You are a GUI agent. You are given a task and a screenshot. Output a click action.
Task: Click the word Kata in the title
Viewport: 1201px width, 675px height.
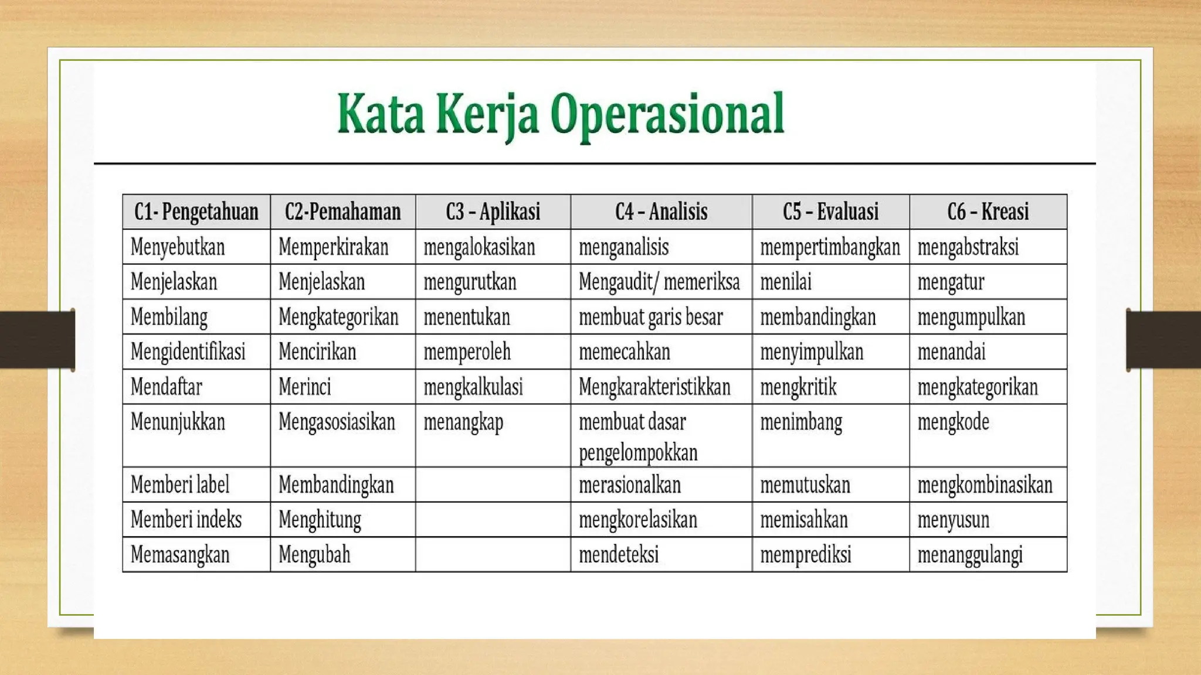coord(381,114)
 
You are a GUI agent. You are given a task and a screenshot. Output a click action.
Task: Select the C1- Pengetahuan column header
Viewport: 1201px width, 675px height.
coord(196,212)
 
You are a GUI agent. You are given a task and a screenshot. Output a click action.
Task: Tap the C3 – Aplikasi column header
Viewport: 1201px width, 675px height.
coord(493,212)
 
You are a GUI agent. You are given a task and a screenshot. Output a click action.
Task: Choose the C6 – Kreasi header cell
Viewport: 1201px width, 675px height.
coord(988,212)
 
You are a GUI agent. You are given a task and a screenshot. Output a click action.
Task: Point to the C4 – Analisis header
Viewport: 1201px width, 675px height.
coord(661,212)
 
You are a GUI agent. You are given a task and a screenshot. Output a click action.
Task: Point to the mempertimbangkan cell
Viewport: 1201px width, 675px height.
coord(830,247)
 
